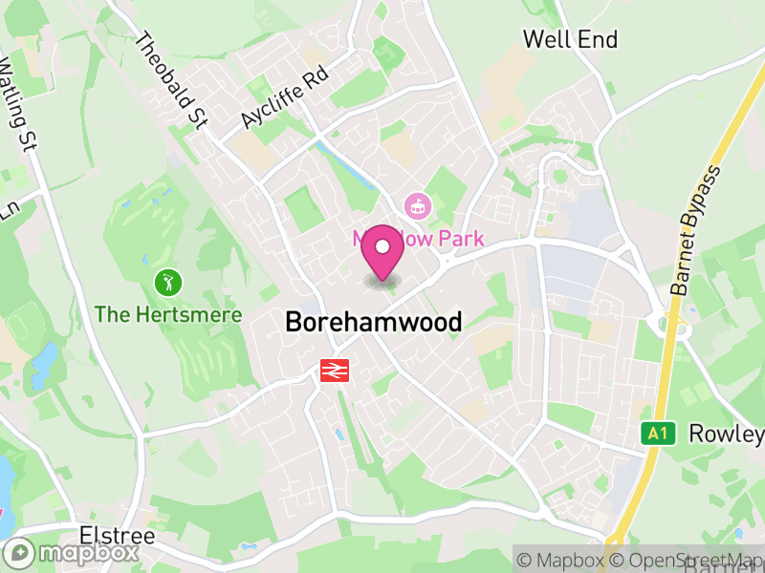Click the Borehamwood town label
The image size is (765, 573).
373,322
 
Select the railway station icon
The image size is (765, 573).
334,370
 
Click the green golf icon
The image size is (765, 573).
167,282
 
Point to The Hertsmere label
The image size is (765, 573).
168,314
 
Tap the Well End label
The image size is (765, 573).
570,39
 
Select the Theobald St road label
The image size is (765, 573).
172,81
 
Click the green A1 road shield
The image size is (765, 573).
655,434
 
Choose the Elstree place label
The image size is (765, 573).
118,535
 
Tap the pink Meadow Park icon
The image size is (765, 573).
417,203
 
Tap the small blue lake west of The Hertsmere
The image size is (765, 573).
43,360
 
